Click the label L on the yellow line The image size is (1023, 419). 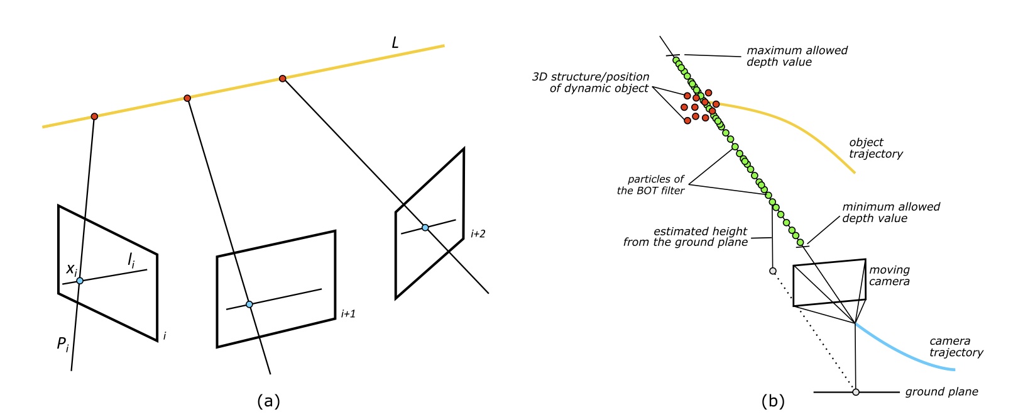395,43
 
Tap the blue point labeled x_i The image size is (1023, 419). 80,281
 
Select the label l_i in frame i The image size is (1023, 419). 131,260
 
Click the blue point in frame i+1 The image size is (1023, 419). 249,304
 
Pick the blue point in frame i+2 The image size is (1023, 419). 425,227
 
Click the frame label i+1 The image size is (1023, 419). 347,313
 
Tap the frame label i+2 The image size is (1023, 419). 478,233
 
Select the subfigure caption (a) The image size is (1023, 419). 268,401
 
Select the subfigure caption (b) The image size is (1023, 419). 773,401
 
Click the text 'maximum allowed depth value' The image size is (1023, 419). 796,56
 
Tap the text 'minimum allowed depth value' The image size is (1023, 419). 890,213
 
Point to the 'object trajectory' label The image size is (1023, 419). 875,148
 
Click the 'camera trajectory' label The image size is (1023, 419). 956,347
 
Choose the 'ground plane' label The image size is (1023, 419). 941,392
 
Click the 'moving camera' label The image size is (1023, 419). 889,276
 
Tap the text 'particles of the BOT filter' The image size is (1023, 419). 651,185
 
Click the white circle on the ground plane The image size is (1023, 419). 855,392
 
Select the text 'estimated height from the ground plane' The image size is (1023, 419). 686,237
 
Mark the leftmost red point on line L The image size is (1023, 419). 94,116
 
